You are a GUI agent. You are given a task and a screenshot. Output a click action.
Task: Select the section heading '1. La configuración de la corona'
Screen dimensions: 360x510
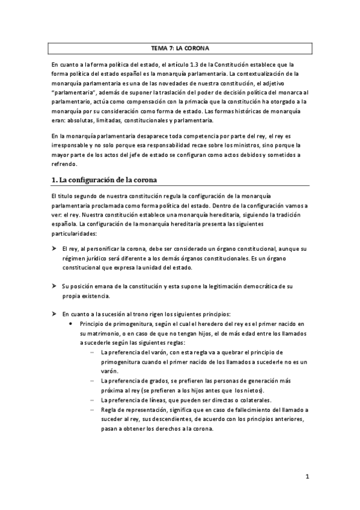(109, 180)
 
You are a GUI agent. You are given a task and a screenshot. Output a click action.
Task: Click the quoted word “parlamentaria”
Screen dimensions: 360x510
(73, 92)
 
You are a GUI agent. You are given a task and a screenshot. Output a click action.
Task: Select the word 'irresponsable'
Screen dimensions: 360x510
(69, 145)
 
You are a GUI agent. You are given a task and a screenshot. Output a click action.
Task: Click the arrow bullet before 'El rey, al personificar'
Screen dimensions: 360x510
(54, 248)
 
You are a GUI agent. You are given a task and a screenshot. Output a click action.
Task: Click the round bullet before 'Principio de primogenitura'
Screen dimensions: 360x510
(72, 324)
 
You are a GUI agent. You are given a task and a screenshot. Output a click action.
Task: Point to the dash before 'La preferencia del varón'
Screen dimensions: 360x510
(92, 352)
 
